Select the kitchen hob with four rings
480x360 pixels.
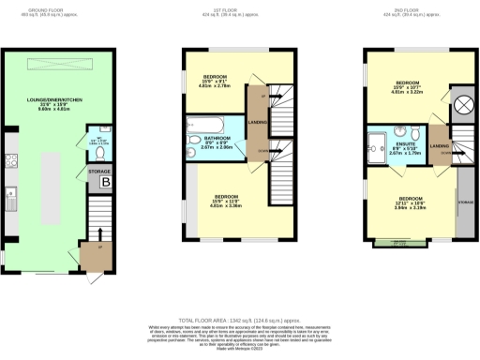click(x=12, y=157)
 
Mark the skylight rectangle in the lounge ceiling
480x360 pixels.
click(x=62, y=62)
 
